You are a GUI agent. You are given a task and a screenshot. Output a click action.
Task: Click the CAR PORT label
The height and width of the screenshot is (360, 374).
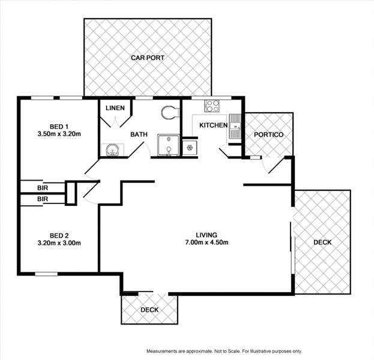pyautogui.click(x=147, y=58)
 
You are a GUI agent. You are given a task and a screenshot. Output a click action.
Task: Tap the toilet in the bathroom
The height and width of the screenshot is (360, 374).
pyautogui.click(x=169, y=113)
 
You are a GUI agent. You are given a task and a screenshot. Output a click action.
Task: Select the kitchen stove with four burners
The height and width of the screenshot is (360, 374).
pyautogui.click(x=213, y=106)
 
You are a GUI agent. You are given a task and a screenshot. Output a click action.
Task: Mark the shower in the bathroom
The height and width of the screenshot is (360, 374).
pyautogui.click(x=169, y=146)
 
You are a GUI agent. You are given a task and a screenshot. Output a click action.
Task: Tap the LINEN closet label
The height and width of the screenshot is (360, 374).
pyautogui.click(x=115, y=109)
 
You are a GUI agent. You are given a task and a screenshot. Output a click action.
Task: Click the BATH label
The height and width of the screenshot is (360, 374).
pyautogui.click(x=139, y=135)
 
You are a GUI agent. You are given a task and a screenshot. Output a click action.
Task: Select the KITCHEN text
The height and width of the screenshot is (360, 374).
pyautogui.click(x=210, y=125)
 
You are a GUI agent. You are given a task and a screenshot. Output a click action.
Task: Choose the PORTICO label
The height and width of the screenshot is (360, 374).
pyautogui.click(x=268, y=134)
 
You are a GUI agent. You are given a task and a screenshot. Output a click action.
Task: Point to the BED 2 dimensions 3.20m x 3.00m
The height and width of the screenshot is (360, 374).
pyautogui.click(x=59, y=243)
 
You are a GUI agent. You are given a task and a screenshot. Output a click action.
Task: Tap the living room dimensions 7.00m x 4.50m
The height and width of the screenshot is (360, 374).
pyautogui.click(x=206, y=243)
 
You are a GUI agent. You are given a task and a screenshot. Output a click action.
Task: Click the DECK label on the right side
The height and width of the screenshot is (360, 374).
pyautogui.click(x=322, y=242)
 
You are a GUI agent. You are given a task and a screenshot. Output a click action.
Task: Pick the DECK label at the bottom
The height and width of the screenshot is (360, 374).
pyautogui.click(x=149, y=310)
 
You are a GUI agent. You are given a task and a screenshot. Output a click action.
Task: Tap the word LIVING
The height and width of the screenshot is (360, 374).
pyautogui.click(x=206, y=235)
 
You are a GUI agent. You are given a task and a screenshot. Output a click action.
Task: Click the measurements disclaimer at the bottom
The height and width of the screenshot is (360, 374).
pyautogui.click(x=223, y=351)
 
